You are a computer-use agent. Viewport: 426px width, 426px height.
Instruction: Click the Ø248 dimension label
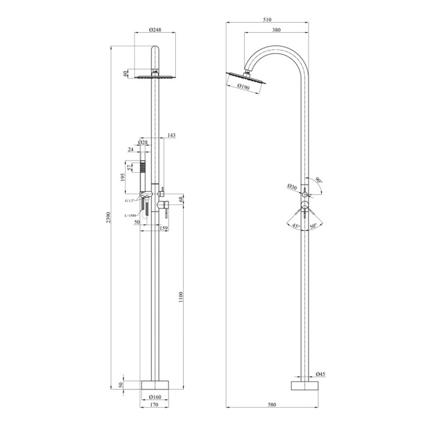pyautogui.click(x=155, y=30)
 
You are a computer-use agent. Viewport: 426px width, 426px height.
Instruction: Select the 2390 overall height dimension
pyautogui.click(x=108, y=218)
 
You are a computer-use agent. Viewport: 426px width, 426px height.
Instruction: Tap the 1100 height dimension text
pyautogui.click(x=181, y=297)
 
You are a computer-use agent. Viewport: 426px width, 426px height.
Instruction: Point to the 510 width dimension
pyautogui.click(x=267, y=19)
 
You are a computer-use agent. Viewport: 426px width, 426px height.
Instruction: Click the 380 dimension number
pyautogui.click(x=276, y=30)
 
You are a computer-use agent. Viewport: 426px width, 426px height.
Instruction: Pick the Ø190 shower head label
pyautogui.click(x=243, y=86)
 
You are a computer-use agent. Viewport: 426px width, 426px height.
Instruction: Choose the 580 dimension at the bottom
pyautogui.click(x=271, y=405)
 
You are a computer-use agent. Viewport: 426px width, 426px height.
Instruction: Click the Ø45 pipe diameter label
pyautogui.click(x=320, y=374)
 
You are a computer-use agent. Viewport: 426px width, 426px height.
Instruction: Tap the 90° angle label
pyautogui.click(x=319, y=180)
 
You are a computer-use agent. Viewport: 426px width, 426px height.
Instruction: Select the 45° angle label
pyautogui.click(x=296, y=226)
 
